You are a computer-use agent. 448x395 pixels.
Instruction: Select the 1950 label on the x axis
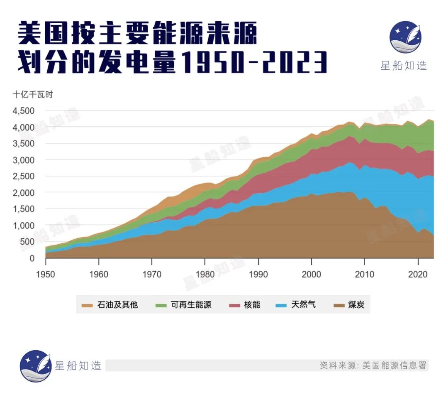tap(46, 275)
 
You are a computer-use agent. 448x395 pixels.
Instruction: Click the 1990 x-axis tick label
tap(258, 275)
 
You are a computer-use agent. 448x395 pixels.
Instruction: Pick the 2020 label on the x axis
tap(418, 275)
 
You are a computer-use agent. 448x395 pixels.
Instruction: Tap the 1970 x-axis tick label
tap(152, 275)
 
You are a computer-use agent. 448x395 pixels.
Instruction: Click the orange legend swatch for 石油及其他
tap(87, 305)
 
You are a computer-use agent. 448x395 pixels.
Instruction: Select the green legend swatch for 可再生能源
tap(161, 305)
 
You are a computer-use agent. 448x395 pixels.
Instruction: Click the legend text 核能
tap(252, 305)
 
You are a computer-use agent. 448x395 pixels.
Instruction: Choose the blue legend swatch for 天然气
tap(281, 305)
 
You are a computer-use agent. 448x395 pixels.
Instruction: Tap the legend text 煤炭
tap(356, 305)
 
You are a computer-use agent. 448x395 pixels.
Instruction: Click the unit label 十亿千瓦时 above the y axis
tap(33, 94)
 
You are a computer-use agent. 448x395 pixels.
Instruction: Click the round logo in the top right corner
tap(405, 37)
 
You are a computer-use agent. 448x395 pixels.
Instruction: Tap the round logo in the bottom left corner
tap(36, 366)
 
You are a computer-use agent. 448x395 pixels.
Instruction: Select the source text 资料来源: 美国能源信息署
tap(373, 366)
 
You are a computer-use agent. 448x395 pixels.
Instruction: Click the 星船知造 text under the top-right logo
tap(404, 65)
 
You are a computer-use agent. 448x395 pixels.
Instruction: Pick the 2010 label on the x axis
tap(365, 275)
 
